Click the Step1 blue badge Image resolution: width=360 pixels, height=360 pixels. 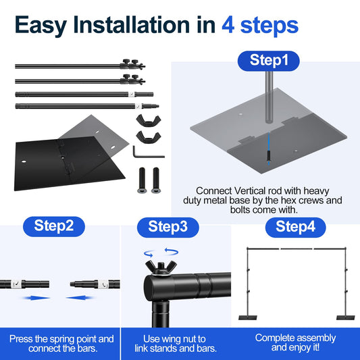coord(269,59)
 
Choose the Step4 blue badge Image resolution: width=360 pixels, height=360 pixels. coord(295,227)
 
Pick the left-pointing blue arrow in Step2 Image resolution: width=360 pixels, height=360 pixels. coord(83,297)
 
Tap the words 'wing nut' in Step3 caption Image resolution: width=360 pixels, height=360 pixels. coord(185,338)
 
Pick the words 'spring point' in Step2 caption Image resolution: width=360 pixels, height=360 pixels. coord(72,338)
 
